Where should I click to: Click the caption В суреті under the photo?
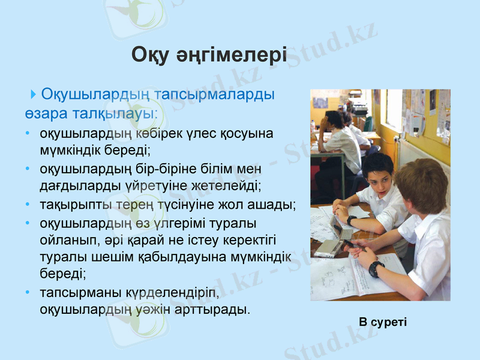point(383,322)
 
